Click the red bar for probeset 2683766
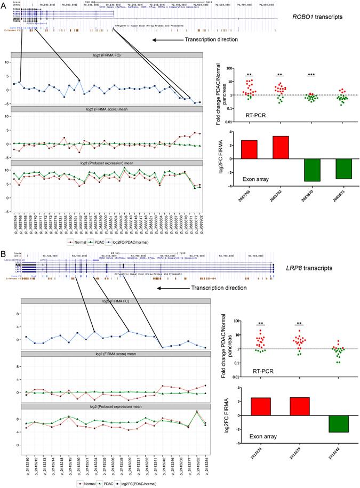point(249,149)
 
